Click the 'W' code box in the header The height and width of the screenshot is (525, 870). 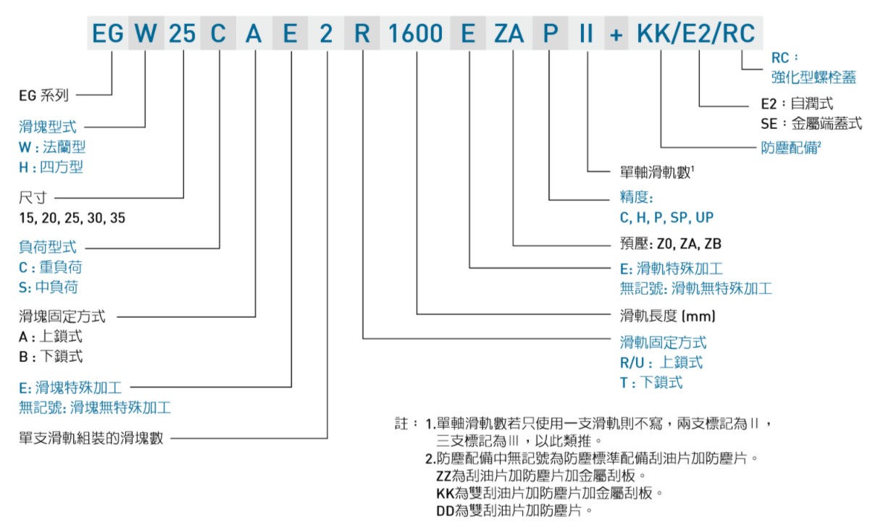146,33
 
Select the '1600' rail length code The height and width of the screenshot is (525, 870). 415,33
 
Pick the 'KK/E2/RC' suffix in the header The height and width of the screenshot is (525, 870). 695,33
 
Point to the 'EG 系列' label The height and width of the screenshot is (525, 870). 43,94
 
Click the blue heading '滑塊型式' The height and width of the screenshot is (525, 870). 48,127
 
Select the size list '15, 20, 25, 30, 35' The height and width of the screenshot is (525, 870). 72,217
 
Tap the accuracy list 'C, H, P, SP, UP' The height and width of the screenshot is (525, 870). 667,217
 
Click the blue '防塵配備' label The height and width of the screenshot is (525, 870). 791,148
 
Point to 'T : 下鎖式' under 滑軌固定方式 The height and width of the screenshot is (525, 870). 651,382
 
